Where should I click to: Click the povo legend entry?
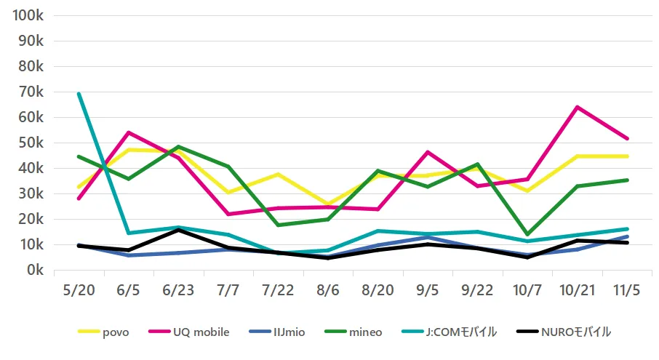(x=103, y=332)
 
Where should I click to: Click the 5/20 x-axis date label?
(x=78, y=290)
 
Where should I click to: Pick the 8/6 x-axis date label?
(x=328, y=290)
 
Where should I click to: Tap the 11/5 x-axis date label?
(x=627, y=290)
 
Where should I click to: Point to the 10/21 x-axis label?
(x=577, y=290)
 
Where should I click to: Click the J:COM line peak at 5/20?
(x=79, y=94)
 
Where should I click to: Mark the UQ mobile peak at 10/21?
(x=577, y=107)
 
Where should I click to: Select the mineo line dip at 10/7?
(x=527, y=234)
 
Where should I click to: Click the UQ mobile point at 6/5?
(x=128, y=132)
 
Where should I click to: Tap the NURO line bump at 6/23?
(x=178, y=230)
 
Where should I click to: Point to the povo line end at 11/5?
(x=627, y=156)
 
